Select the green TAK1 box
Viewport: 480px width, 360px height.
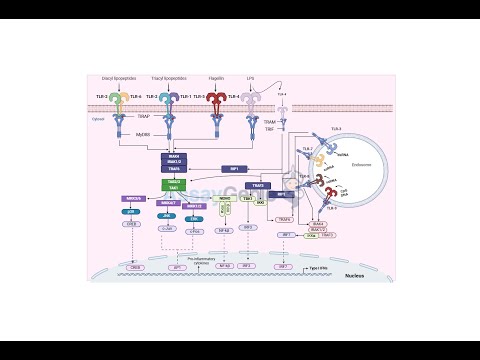175,187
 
